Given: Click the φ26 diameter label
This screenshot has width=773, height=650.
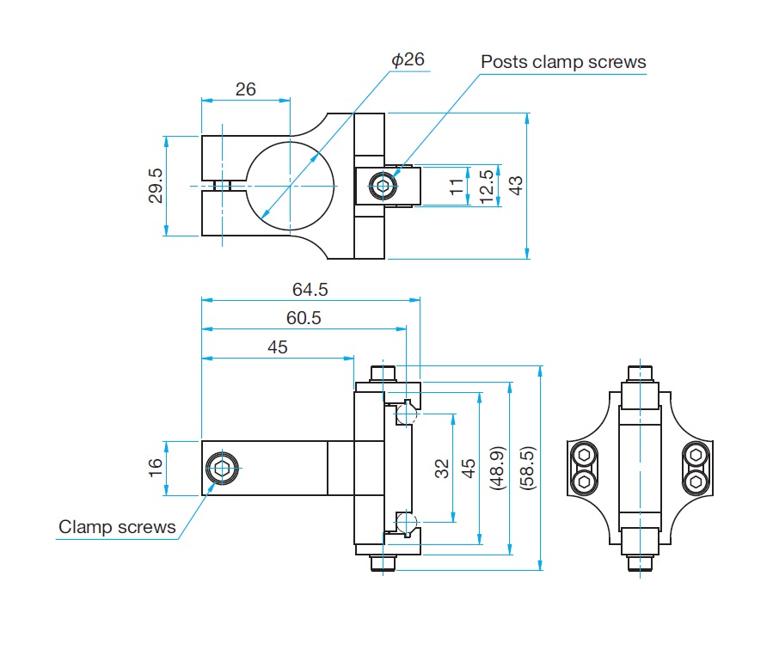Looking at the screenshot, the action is coord(408,59).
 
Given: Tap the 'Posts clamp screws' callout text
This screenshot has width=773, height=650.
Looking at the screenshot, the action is coord(563,62).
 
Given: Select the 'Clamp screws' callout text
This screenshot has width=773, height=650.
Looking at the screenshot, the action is coord(117,527).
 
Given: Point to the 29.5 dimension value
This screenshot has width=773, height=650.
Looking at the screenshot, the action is coord(156,186).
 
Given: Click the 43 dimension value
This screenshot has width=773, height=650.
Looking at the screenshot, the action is coord(515,186).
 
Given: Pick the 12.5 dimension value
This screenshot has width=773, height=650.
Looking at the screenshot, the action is coord(486,187).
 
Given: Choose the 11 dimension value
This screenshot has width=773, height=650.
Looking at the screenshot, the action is coord(457,187).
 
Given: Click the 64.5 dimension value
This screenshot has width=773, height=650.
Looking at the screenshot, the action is coord(310,289).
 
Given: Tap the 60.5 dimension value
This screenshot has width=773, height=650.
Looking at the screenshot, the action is coord(304,318).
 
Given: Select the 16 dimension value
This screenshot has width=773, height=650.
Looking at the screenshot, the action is coord(156,467).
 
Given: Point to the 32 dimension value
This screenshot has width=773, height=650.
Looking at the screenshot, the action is coord(442,469).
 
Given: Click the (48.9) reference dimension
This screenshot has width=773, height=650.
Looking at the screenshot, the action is coord(497,469).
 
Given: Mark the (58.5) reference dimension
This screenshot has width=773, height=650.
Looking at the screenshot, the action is coord(527,469).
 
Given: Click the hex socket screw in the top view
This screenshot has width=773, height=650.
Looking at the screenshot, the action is coord(383,186).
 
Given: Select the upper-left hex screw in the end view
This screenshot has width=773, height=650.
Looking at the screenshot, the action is coord(584,455).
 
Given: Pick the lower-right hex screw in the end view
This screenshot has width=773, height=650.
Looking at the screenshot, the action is coord(696,481).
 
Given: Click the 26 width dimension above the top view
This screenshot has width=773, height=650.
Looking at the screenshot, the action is coord(246,89).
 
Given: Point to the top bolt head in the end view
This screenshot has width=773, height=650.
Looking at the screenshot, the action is coord(640,373).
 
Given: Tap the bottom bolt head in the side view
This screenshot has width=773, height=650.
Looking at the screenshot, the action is coord(383,563).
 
